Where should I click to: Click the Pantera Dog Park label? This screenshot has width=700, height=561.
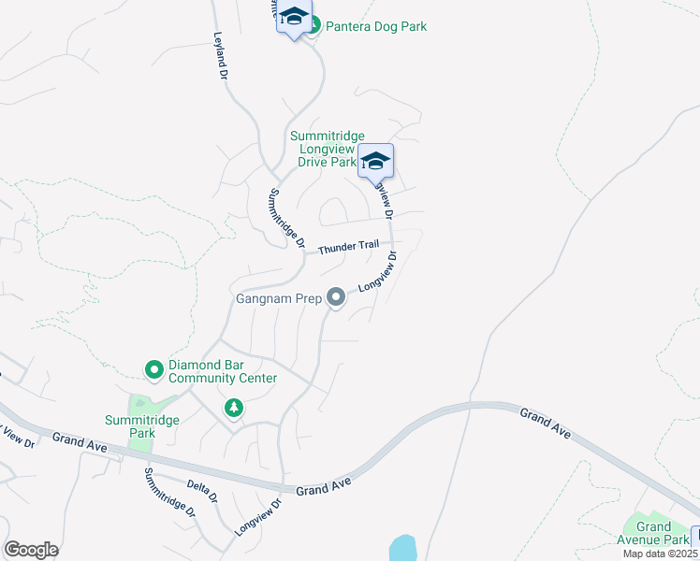[375, 26]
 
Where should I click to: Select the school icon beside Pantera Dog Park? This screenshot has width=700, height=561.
[294, 19]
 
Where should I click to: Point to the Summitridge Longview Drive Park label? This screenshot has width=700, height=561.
[327, 149]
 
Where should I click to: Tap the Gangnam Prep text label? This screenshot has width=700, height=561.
[277, 299]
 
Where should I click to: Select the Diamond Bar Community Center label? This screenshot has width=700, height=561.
[223, 371]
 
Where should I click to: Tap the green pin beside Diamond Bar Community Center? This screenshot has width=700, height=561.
[154, 371]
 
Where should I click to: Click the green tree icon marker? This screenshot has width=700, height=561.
[233, 409]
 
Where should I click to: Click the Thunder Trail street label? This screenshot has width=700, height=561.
[348, 248]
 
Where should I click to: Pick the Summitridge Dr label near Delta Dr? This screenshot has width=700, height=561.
[169, 493]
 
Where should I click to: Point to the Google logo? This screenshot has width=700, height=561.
[32, 550]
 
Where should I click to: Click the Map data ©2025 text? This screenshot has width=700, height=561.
[661, 554]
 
